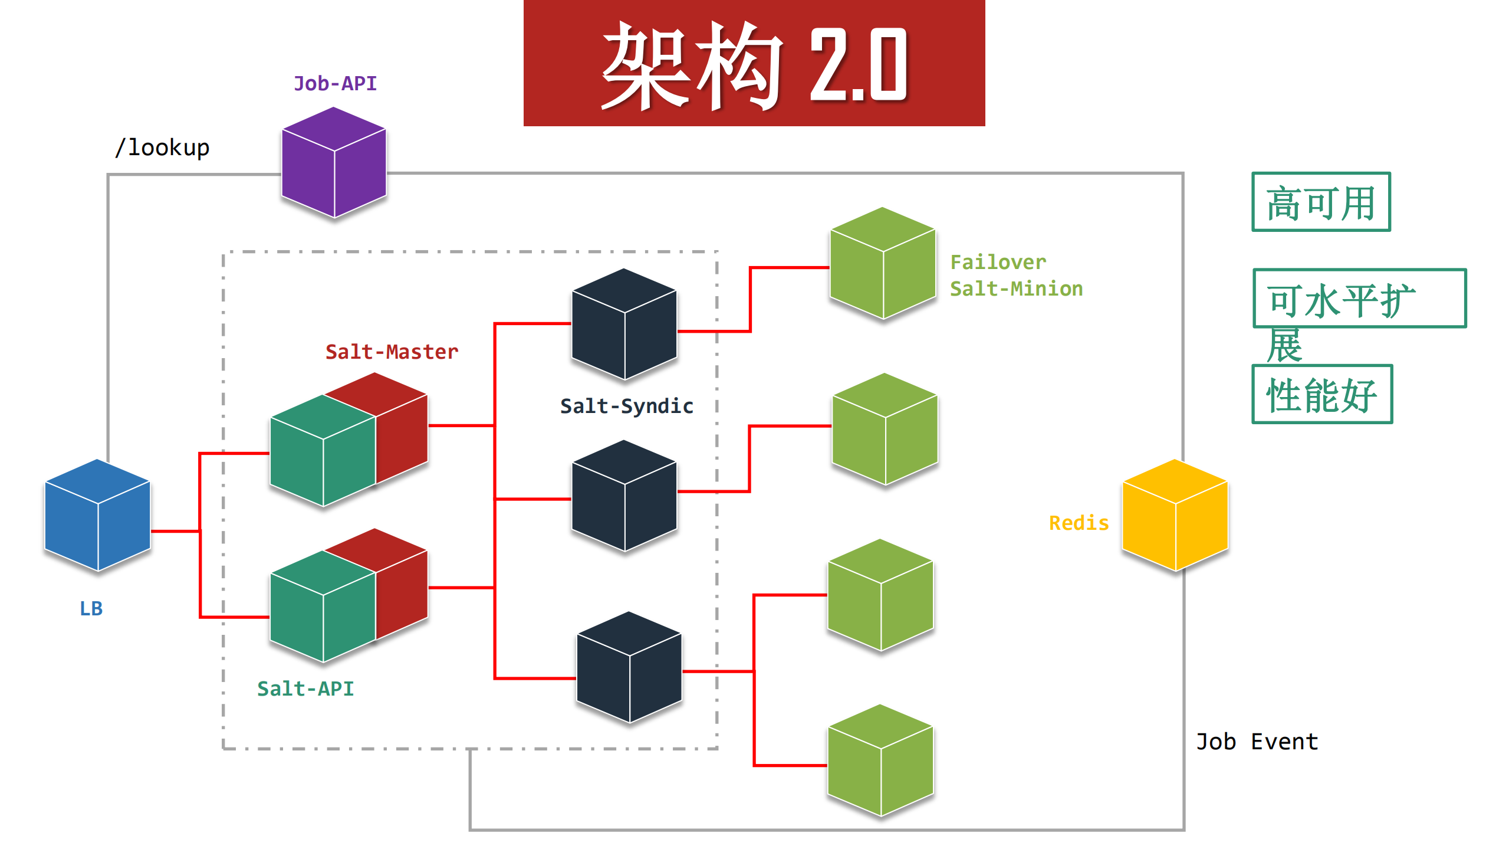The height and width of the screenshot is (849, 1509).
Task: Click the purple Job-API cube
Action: (x=334, y=162)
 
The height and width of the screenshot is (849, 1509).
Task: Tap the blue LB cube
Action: (x=97, y=515)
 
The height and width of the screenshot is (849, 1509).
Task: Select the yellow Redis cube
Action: (x=1175, y=515)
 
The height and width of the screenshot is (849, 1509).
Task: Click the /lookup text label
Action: (x=162, y=147)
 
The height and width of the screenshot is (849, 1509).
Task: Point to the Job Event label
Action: (x=1257, y=742)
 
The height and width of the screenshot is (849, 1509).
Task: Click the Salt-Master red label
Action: (x=392, y=352)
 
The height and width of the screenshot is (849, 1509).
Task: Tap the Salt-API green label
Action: (x=305, y=689)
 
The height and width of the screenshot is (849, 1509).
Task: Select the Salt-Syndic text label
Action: (x=626, y=406)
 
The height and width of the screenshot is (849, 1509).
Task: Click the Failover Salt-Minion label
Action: (x=1015, y=276)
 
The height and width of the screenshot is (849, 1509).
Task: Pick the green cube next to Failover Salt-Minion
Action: (x=882, y=263)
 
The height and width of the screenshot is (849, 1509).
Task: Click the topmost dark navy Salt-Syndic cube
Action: (x=624, y=324)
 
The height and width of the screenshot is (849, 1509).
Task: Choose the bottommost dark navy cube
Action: (x=629, y=667)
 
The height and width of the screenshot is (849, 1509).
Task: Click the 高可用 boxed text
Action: (x=1321, y=202)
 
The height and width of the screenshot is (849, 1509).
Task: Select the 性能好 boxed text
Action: (x=1322, y=395)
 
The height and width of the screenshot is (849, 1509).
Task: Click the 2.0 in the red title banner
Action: (x=858, y=65)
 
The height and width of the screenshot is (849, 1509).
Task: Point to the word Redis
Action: (x=1079, y=523)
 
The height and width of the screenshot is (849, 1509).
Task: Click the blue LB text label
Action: (x=91, y=608)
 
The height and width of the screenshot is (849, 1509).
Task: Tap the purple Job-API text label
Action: (x=335, y=84)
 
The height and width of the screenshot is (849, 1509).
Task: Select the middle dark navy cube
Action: (x=624, y=496)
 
